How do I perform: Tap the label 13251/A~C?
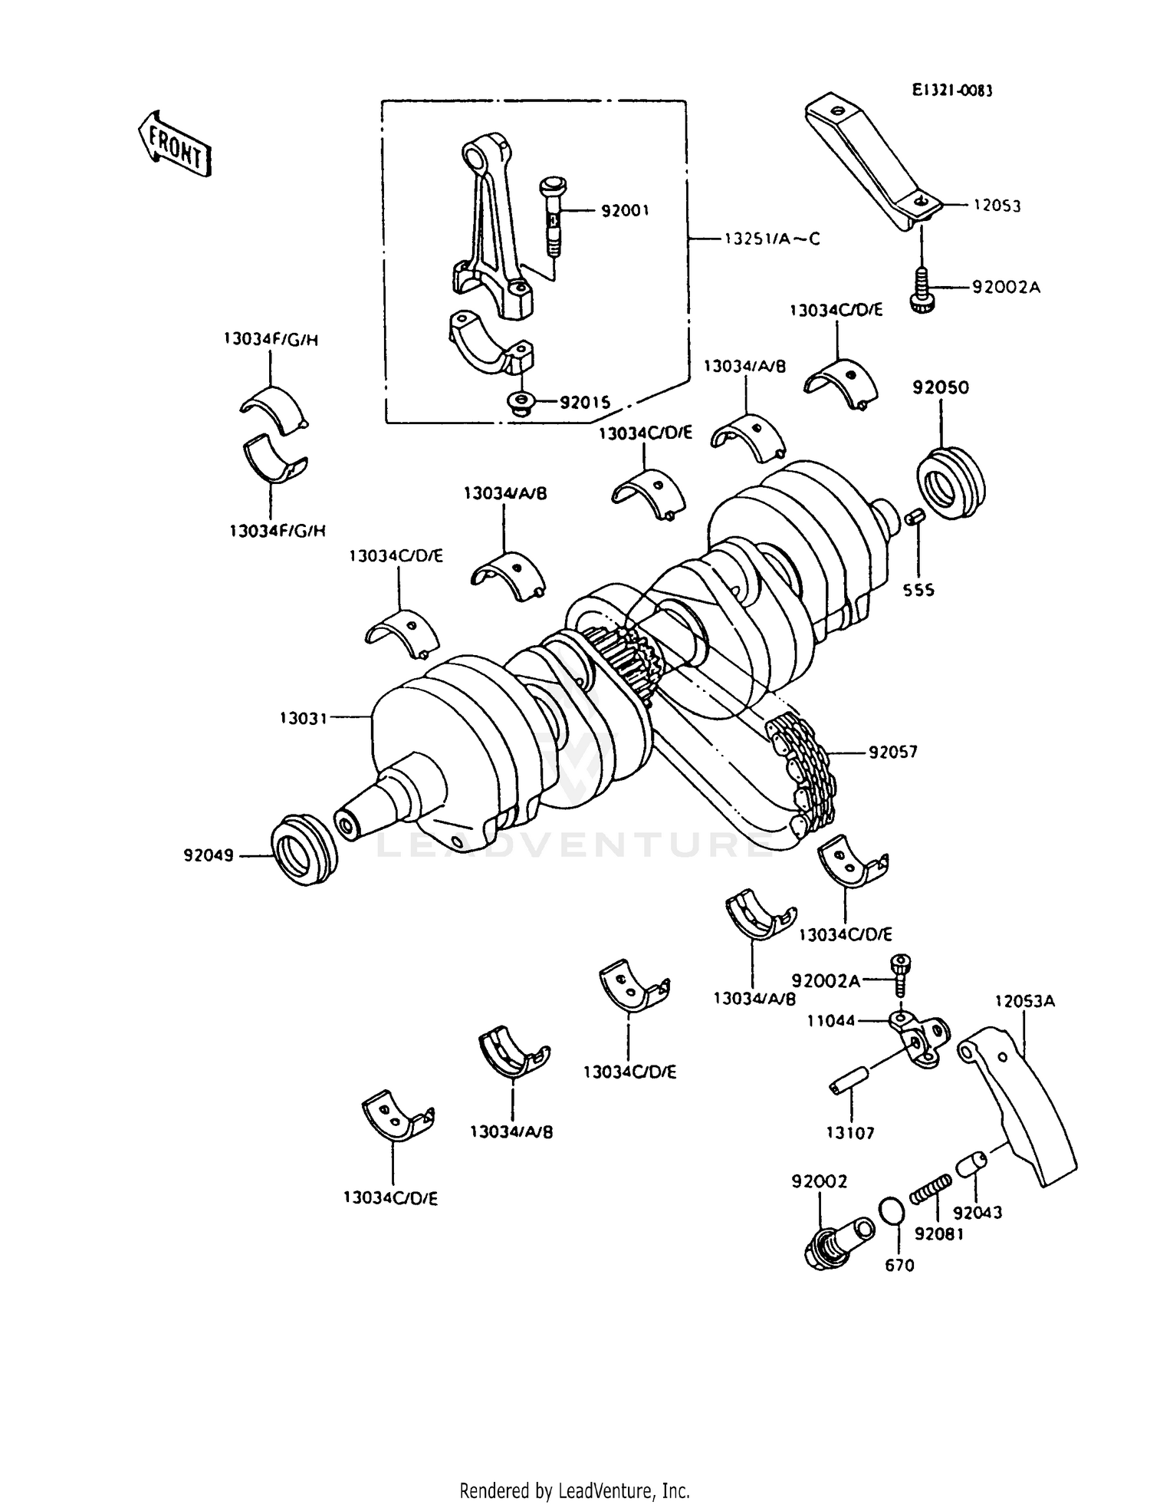tap(771, 239)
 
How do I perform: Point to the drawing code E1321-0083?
tap(951, 91)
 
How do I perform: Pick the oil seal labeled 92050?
tap(951, 483)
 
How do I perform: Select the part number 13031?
tap(304, 718)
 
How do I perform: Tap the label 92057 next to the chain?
tap(893, 752)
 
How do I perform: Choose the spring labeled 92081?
tap(931, 1193)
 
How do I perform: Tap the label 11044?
tap(830, 1021)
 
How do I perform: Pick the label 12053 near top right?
tap(997, 206)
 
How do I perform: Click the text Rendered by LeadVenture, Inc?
tap(574, 1490)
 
